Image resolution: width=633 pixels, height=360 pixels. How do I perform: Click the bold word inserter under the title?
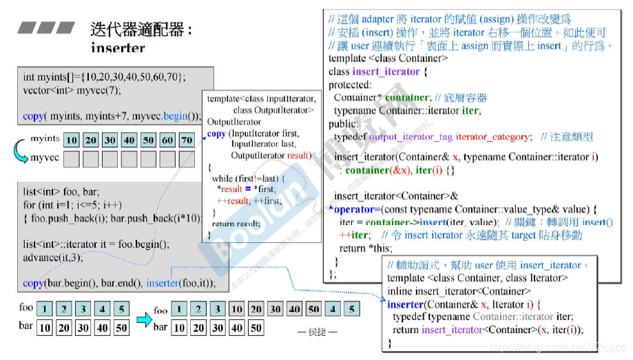118,48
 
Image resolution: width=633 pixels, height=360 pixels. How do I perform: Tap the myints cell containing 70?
186,140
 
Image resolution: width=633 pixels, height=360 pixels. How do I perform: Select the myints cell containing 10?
72,140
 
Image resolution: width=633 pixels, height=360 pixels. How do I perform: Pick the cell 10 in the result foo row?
236,309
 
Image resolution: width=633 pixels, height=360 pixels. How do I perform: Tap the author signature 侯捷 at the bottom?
318,332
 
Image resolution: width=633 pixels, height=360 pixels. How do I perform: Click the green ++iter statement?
354,235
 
